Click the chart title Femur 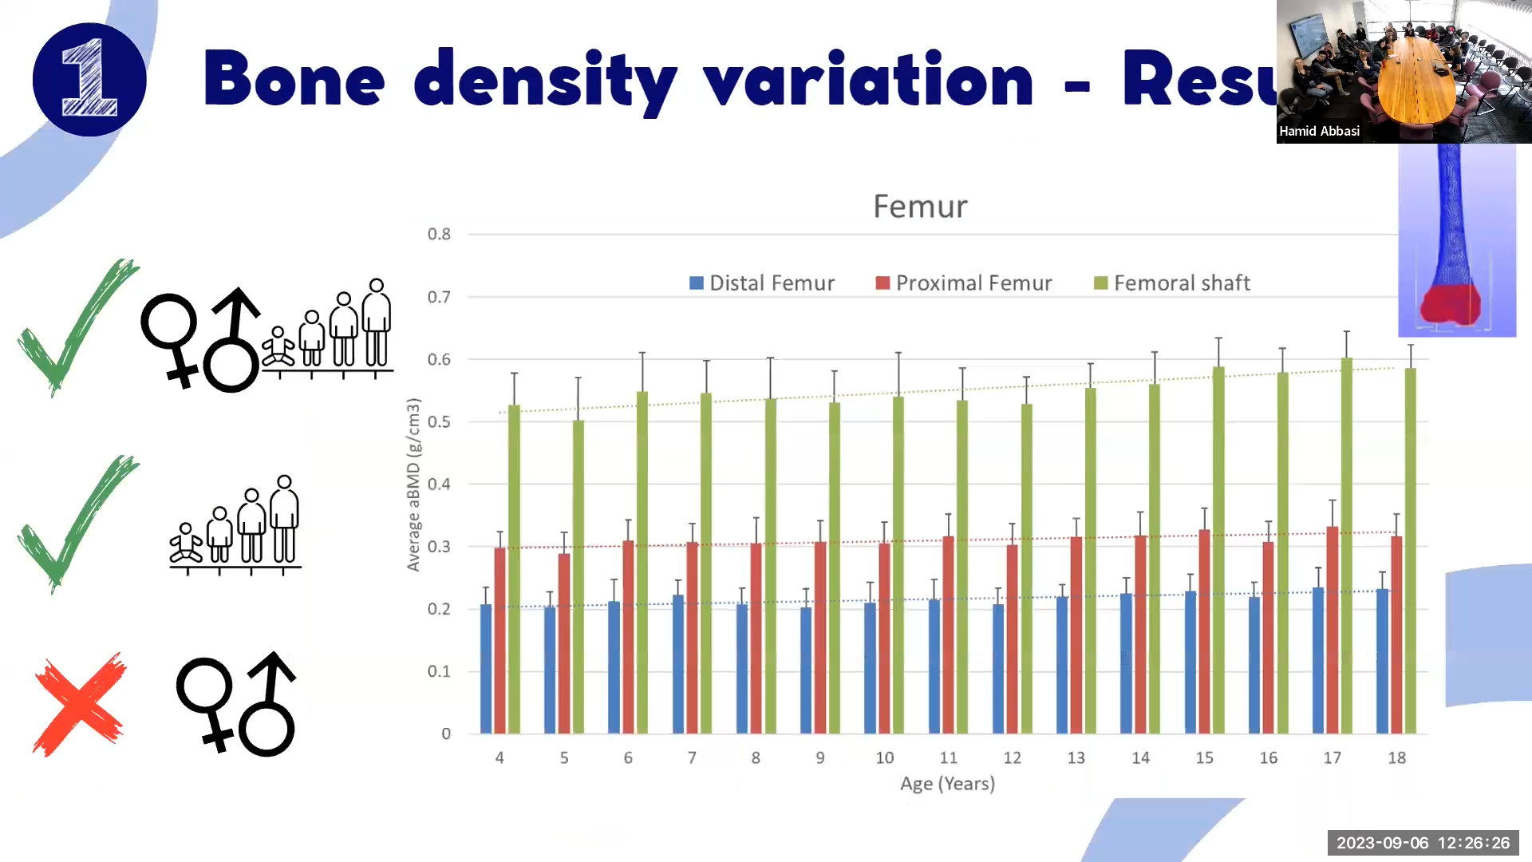(920, 207)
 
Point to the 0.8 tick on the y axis (439, 234)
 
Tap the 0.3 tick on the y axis (439, 547)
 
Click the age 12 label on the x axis (1012, 757)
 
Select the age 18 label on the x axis (1396, 757)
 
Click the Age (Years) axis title (947, 784)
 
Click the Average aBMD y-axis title (413, 484)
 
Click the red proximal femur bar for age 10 (884, 639)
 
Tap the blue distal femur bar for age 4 (486, 670)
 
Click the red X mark (80, 704)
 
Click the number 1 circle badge (89, 80)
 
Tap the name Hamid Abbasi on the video (1319, 131)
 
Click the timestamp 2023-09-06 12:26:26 (1423, 843)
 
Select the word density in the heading (546, 80)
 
